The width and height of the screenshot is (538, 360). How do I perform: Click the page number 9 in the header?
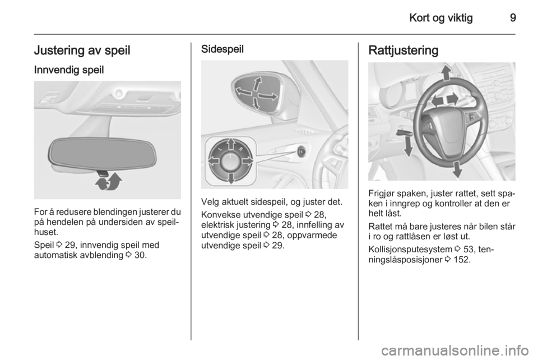pyautogui.click(x=513, y=18)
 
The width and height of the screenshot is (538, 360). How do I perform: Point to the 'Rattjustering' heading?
pyautogui.click(x=403, y=50)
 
